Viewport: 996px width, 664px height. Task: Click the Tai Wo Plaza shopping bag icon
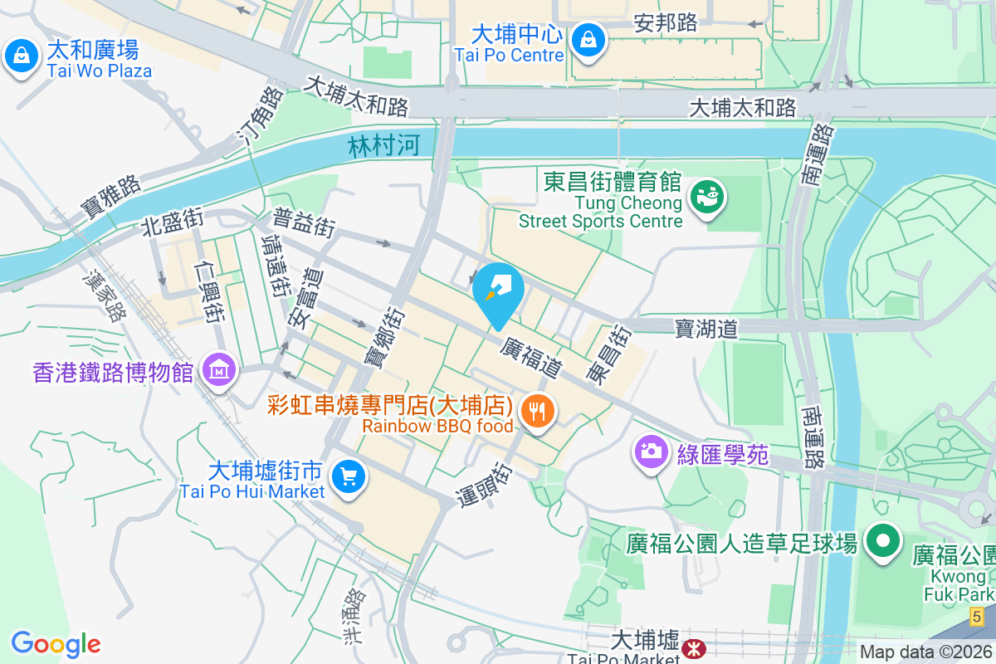click(18, 56)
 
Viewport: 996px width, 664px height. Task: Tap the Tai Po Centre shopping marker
click(588, 38)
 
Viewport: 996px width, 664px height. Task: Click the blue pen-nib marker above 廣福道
click(498, 291)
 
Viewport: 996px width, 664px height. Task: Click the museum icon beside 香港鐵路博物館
click(218, 370)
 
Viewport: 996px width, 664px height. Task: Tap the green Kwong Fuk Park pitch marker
click(883, 543)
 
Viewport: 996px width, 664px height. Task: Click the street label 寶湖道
click(706, 330)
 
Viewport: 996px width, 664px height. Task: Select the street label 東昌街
click(608, 354)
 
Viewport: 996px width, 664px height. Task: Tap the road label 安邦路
click(665, 23)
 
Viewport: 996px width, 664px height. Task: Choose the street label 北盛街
click(172, 222)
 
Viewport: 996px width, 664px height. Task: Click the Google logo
click(56, 644)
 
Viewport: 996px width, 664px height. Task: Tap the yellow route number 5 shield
click(977, 617)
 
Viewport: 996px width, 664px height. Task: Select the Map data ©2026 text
click(925, 652)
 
